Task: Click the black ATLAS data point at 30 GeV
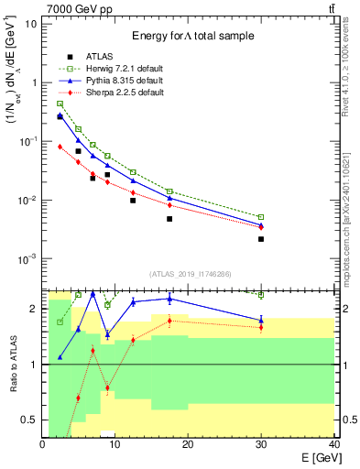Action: pyautogui.click(x=261, y=239)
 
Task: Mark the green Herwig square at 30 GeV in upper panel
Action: pyautogui.click(x=261, y=217)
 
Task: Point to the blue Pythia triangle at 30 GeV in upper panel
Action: pyautogui.click(x=261, y=224)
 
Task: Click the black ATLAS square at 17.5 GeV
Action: pyautogui.click(x=169, y=219)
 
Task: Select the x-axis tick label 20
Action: pyautogui.click(x=188, y=444)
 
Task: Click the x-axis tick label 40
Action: pyautogui.click(x=333, y=444)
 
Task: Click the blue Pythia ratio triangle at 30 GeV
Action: pyautogui.click(x=261, y=320)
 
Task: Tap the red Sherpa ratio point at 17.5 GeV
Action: pyautogui.click(x=169, y=321)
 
